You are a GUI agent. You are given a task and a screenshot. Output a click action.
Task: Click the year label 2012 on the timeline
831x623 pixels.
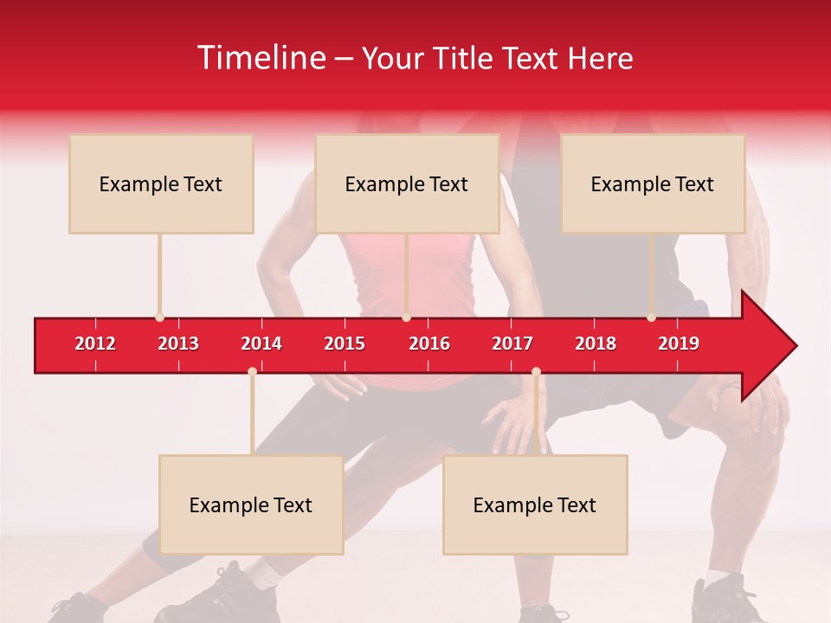(x=95, y=344)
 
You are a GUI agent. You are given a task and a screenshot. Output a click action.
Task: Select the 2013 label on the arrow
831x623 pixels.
(x=178, y=344)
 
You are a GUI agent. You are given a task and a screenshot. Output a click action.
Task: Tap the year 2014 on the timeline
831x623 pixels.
(x=261, y=344)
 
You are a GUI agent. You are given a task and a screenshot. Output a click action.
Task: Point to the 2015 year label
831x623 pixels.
(x=345, y=344)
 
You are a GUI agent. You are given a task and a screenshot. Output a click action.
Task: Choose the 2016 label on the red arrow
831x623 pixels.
(x=429, y=344)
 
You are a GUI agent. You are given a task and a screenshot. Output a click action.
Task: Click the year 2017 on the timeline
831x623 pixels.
(x=512, y=344)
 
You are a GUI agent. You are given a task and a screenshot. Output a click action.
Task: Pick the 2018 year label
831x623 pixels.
(x=596, y=344)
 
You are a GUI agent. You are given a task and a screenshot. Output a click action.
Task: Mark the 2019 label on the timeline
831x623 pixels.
(x=679, y=344)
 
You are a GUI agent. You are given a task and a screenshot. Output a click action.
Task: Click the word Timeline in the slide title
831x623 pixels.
(x=261, y=58)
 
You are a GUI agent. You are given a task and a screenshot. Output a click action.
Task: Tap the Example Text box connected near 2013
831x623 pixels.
(x=161, y=183)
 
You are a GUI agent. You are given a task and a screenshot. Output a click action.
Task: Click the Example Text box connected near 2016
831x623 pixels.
(x=407, y=183)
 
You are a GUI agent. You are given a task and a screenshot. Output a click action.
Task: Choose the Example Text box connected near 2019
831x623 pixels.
(x=653, y=183)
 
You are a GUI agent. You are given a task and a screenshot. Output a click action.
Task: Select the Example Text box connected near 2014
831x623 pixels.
(x=251, y=504)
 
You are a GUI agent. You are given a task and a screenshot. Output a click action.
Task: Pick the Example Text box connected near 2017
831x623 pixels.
(x=535, y=504)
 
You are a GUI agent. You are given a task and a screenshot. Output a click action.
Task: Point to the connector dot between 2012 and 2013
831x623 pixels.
(x=159, y=318)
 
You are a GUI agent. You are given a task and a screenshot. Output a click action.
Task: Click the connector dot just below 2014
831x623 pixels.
(x=252, y=371)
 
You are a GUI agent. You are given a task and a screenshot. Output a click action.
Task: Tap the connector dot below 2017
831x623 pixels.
(x=536, y=371)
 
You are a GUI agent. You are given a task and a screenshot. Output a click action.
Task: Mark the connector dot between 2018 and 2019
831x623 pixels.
(x=651, y=318)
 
